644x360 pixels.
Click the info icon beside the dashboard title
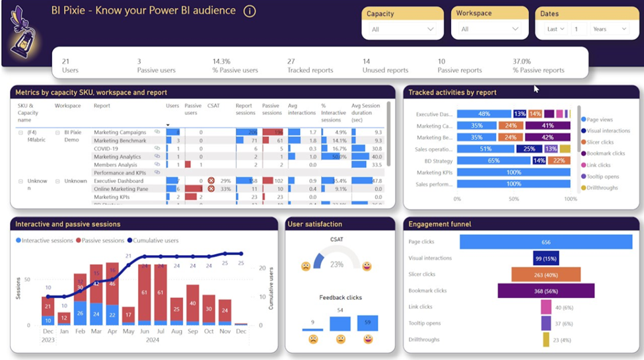click(x=249, y=11)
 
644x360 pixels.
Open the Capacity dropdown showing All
click(x=402, y=29)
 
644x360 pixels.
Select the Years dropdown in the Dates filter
click(x=609, y=29)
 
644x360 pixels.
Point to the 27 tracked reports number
click(x=291, y=61)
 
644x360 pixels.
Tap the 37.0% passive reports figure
click(x=522, y=61)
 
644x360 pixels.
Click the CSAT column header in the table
click(x=213, y=105)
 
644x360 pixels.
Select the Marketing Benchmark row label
click(x=120, y=141)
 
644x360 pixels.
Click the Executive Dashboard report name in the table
click(x=118, y=180)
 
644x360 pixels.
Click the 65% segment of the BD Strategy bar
click(x=493, y=161)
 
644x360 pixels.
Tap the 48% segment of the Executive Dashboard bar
click(x=483, y=114)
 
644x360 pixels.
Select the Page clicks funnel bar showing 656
click(x=546, y=242)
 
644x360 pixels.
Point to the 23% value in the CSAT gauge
click(x=337, y=264)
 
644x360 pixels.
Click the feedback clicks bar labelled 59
click(x=368, y=323)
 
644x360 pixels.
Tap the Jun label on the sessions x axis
click(x=144, y=331)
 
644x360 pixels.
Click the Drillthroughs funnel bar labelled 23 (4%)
click(x=546, y=340)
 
